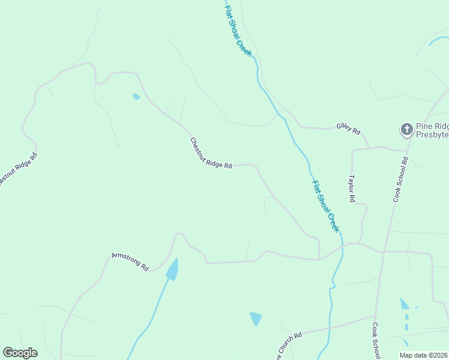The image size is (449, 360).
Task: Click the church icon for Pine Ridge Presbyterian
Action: [x=406, y=129]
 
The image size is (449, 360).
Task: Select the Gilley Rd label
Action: [x=348, y=128]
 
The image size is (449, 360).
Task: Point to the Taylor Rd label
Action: [x=352, y=188]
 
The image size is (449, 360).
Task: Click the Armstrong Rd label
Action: [x=130, y=262]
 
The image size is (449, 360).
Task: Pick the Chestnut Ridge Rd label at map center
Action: [x=211, y=154]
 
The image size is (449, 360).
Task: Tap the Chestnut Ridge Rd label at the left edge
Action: [x=17, y=171]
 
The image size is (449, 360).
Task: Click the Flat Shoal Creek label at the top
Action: [x=239, y=31]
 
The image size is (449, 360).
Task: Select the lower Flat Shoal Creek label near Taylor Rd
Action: [x=325, y=206]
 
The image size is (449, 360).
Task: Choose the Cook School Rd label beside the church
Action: [x=400, y=179]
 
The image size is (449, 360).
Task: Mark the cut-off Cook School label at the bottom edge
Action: [x=376, y=341]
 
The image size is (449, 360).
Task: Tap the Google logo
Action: [x=20, y=353]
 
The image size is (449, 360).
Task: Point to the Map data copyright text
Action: [x=423, y=355]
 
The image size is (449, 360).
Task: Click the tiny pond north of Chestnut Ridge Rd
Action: [x=136, y=96]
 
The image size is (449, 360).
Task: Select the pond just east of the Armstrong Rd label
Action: [x=173, y=269]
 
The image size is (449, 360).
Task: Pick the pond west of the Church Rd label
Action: [x=256, y=319]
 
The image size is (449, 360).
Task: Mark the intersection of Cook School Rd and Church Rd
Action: [x=375, y=317]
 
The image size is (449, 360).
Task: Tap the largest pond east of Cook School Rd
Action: [x=405, y=304]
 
